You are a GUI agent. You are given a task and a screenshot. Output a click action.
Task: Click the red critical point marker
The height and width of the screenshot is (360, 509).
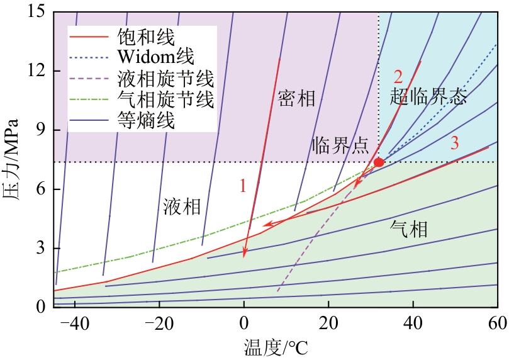[x=379, y=162]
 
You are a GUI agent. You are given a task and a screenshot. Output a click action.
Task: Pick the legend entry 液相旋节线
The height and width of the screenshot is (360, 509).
[x=165, y=79]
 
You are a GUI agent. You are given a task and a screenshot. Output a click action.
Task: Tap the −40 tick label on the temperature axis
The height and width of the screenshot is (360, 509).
[x=75, y=325]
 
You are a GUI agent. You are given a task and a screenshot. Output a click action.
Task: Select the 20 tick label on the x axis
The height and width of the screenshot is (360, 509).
[x=328, y=325]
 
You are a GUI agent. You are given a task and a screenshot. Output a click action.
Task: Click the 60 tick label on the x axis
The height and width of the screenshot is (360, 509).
[x=497, y=325]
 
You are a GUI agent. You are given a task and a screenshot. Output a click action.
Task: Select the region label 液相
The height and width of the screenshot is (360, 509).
[x=182, y=206]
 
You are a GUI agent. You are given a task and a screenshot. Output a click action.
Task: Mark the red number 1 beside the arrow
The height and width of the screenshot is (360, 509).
[x=243, y=186]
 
